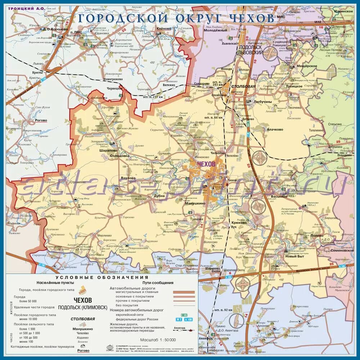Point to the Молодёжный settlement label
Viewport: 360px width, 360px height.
216,31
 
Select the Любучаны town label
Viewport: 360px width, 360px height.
263,102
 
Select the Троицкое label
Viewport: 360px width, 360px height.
294,86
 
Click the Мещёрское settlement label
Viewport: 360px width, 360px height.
306,66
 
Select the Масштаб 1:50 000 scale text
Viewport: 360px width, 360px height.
158,339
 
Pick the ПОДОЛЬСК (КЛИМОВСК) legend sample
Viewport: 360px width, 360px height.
82,307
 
